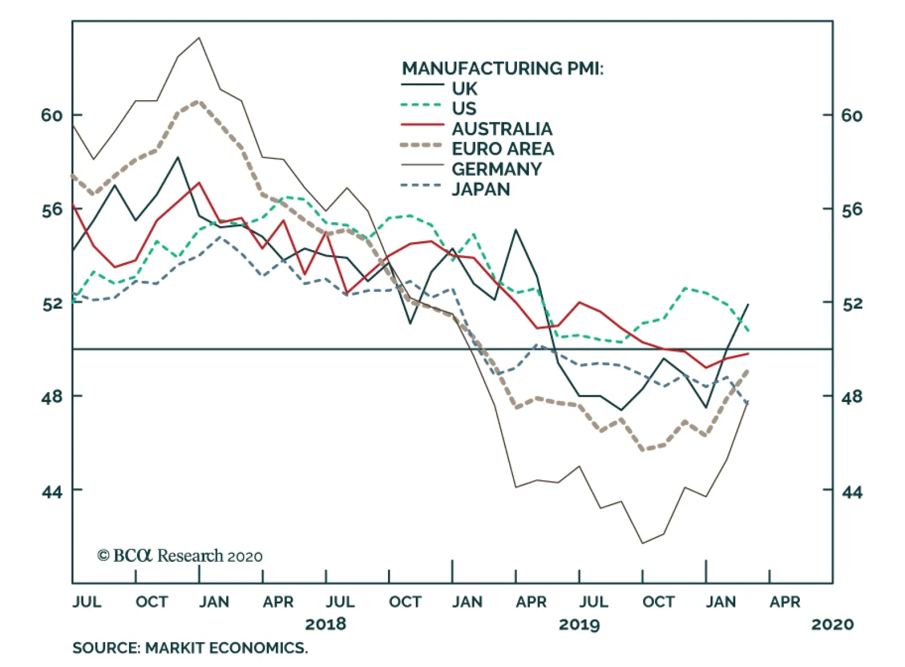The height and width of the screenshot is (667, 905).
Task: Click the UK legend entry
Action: tap(464, 88)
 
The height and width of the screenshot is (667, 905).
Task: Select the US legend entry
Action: tap(464, 108)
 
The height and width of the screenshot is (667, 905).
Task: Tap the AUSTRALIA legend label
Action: tap(502, 128)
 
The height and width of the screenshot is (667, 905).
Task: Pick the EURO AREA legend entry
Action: tap(502, 149)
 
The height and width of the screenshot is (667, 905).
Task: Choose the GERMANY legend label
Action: tap(496, 169)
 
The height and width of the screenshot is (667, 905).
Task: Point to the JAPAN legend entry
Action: tap(480, 189)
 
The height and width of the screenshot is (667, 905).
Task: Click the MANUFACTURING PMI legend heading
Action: tap(502, 68)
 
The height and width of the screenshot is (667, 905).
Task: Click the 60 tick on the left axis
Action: tap(51, 115)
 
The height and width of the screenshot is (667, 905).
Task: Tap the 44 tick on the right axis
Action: tap(852, 492)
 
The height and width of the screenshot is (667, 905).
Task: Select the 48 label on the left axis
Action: tap(51, 397)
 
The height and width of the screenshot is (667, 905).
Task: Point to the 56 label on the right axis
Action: tap(852, 210)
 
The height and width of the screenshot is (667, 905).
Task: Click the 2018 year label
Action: tap(325, 624)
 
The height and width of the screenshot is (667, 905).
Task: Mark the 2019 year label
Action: tap(579, 624)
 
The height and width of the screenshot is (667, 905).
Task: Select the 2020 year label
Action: tap(832, 624)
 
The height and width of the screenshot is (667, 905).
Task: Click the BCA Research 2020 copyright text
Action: tap(180, 556)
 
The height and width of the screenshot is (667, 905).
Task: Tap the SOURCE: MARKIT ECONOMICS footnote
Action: tap(190, 648)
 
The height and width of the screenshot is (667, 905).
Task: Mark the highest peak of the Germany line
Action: tap(199, 38)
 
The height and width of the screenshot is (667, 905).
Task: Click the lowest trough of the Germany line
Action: tap(643, 543)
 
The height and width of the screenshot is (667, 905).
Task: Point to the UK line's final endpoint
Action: tap(748, 304)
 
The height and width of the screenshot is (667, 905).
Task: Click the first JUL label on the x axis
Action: tap(87, 601)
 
